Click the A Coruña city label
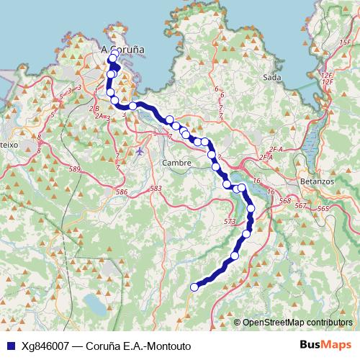coord(123,50)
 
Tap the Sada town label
coord(271,76)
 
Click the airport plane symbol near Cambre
coord(140,150)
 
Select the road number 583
coord(156,188)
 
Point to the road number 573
coord(230,221)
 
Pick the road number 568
coord(284,201)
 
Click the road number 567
coord(301,206)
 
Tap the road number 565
coord(323,208)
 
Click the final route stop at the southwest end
coord(193,287)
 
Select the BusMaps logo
coord(326,345)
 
